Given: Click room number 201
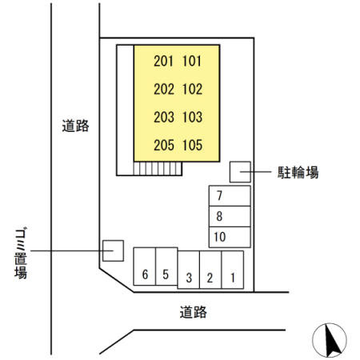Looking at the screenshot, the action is pos(163,61).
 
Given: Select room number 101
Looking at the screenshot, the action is pos(192,61).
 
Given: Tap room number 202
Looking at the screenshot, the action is pos(164,89).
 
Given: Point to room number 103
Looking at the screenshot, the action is pos(192,117).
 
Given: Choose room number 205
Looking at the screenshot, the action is pos(164,146).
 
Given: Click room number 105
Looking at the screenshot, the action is pos(192,146).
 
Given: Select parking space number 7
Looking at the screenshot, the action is pos(230,196).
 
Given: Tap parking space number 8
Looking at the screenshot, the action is pos(230,216).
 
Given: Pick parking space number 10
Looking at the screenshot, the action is pos(230,237).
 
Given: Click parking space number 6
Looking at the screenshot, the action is pos(145,266).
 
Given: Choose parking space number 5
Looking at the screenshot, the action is pos(166,266).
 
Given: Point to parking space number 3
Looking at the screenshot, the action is pos(189,270).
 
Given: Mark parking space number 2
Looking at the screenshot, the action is pos(210,270).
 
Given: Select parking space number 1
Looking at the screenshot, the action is pos(232,270).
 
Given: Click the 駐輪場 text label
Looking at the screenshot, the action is pos(298,172).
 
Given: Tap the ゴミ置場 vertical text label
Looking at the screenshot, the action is pos(21,253).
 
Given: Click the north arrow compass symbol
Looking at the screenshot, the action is pos(330,340).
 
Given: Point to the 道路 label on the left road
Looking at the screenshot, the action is pos(75,126).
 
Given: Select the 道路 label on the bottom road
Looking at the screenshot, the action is pos(193,312).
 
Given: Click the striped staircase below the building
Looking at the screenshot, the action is pos(158,169).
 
